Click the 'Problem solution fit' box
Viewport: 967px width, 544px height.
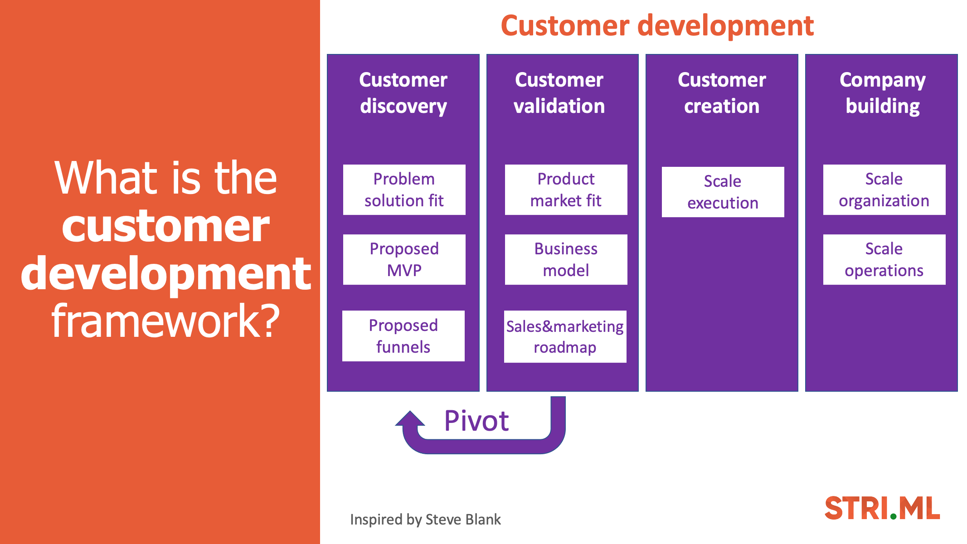point(404,189)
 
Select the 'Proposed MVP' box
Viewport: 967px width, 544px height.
point(404,259)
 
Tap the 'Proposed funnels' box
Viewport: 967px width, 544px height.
point(403,336)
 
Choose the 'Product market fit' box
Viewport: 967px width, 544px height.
point(566,189)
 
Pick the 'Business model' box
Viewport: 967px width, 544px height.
point(566,259)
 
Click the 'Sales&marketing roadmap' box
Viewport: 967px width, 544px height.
point(565,336)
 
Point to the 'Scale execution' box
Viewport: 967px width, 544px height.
point(723,192)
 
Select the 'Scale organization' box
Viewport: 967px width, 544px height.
point(884,189)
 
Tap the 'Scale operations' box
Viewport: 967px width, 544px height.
point(884,259)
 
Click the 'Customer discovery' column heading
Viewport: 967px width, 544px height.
point(403,93)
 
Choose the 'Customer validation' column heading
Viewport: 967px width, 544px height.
point(559,93)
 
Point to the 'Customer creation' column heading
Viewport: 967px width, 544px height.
point(722,93)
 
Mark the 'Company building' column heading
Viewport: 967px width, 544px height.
point(883,93)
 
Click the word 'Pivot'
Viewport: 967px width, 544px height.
point(476,421)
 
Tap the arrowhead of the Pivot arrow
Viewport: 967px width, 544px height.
point(410,418)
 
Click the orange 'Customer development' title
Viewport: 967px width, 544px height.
point(657,25)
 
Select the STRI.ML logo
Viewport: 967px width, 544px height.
point(882,508)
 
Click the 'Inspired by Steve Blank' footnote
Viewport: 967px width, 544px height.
point(425,520)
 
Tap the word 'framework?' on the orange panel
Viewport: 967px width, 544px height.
point(166,321)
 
